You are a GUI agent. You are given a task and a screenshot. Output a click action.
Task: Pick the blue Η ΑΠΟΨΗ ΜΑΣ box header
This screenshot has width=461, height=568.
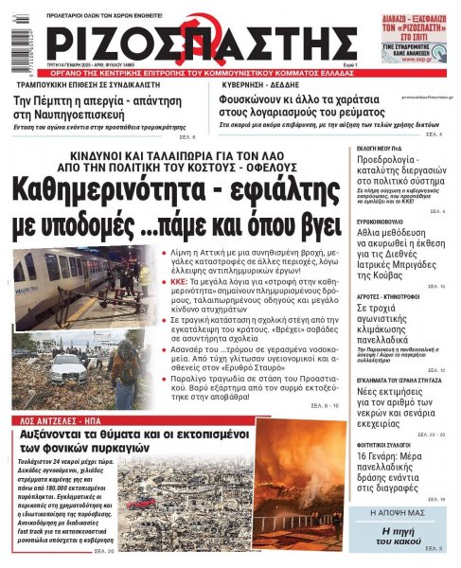point(407,512)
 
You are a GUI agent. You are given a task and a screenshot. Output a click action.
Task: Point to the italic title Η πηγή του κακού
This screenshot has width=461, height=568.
point(407,535)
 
